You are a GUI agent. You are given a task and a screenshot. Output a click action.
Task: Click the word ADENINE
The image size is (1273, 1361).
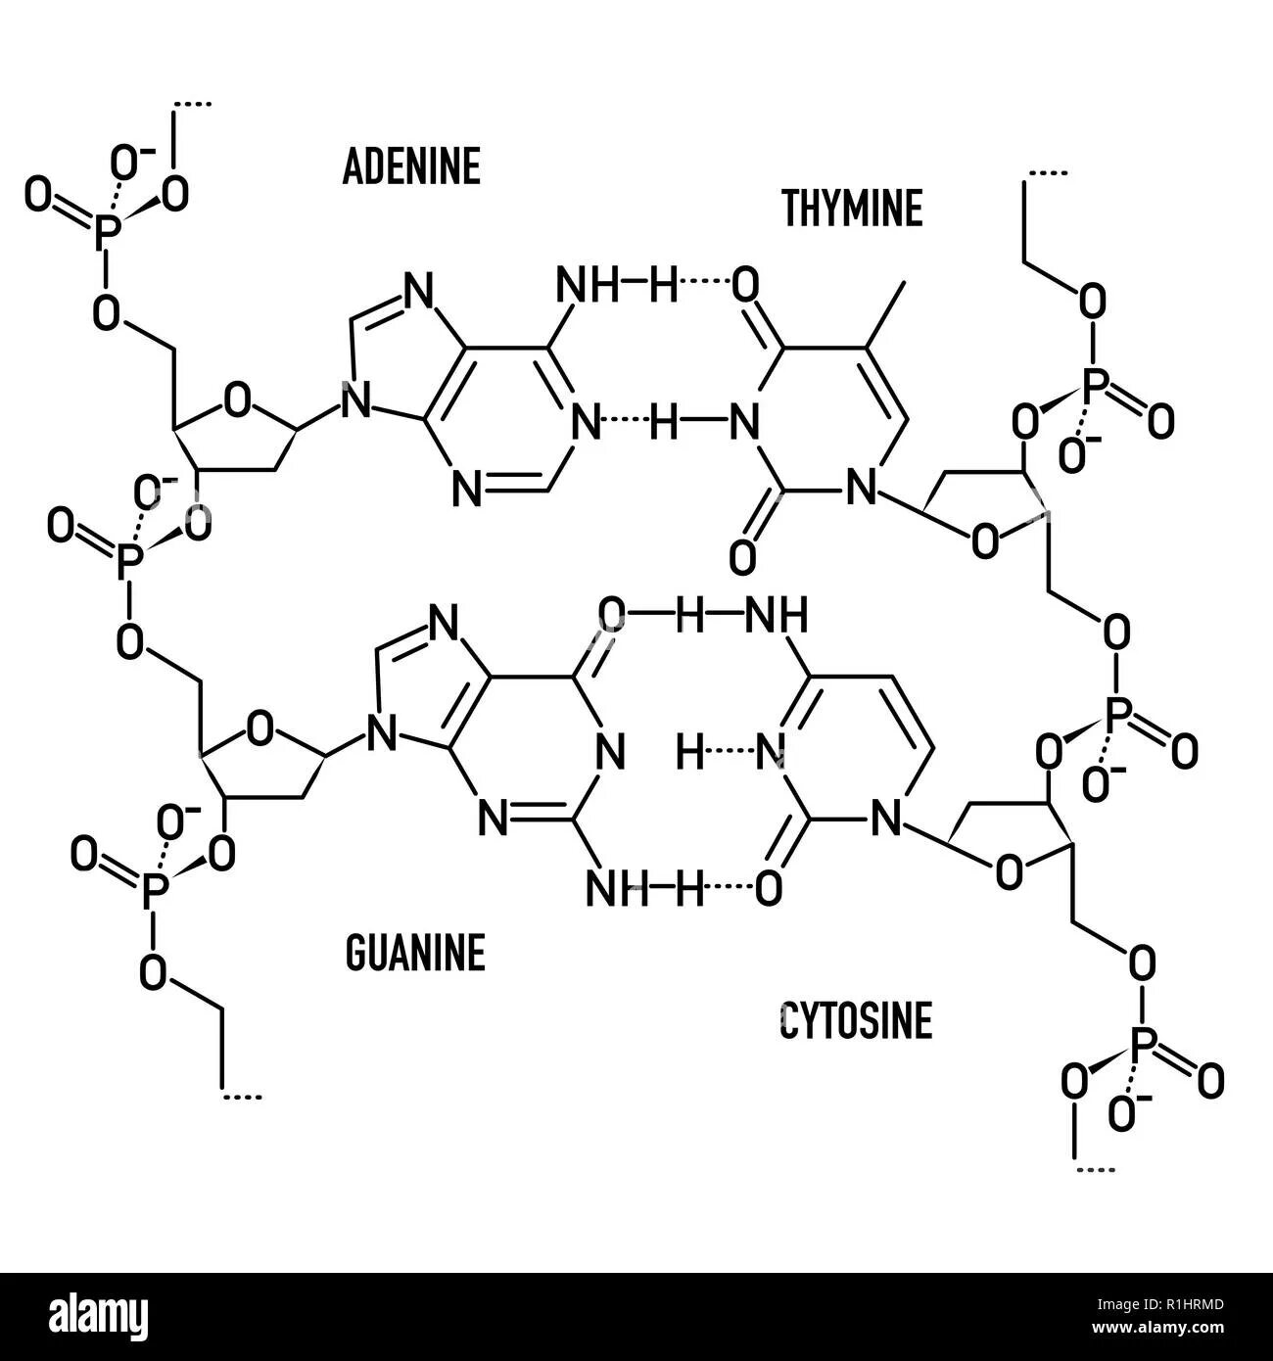pos(411,167)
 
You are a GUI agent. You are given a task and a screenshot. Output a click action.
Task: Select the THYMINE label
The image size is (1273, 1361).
pos(852,209)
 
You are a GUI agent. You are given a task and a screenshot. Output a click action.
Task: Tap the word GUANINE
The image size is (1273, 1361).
pos(415,953)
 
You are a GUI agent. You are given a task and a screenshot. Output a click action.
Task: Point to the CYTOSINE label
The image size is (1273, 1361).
pos(855,1021)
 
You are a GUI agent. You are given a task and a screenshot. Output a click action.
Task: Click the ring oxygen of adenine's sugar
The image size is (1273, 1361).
pos(236,400)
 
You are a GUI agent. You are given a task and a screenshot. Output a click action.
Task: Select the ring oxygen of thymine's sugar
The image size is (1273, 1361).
pos(985,540)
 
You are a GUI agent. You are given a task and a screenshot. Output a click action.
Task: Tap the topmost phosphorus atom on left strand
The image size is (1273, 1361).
pos(109,231)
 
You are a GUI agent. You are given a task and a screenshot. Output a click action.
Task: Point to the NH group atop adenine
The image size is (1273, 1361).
pos(588,286)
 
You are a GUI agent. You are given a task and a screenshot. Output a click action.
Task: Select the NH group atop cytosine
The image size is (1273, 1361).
pos(777,617)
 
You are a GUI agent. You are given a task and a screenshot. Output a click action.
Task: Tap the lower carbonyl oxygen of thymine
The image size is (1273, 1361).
pos(744,557)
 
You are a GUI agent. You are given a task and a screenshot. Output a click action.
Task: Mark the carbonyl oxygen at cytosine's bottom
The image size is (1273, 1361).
pos(769,888)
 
